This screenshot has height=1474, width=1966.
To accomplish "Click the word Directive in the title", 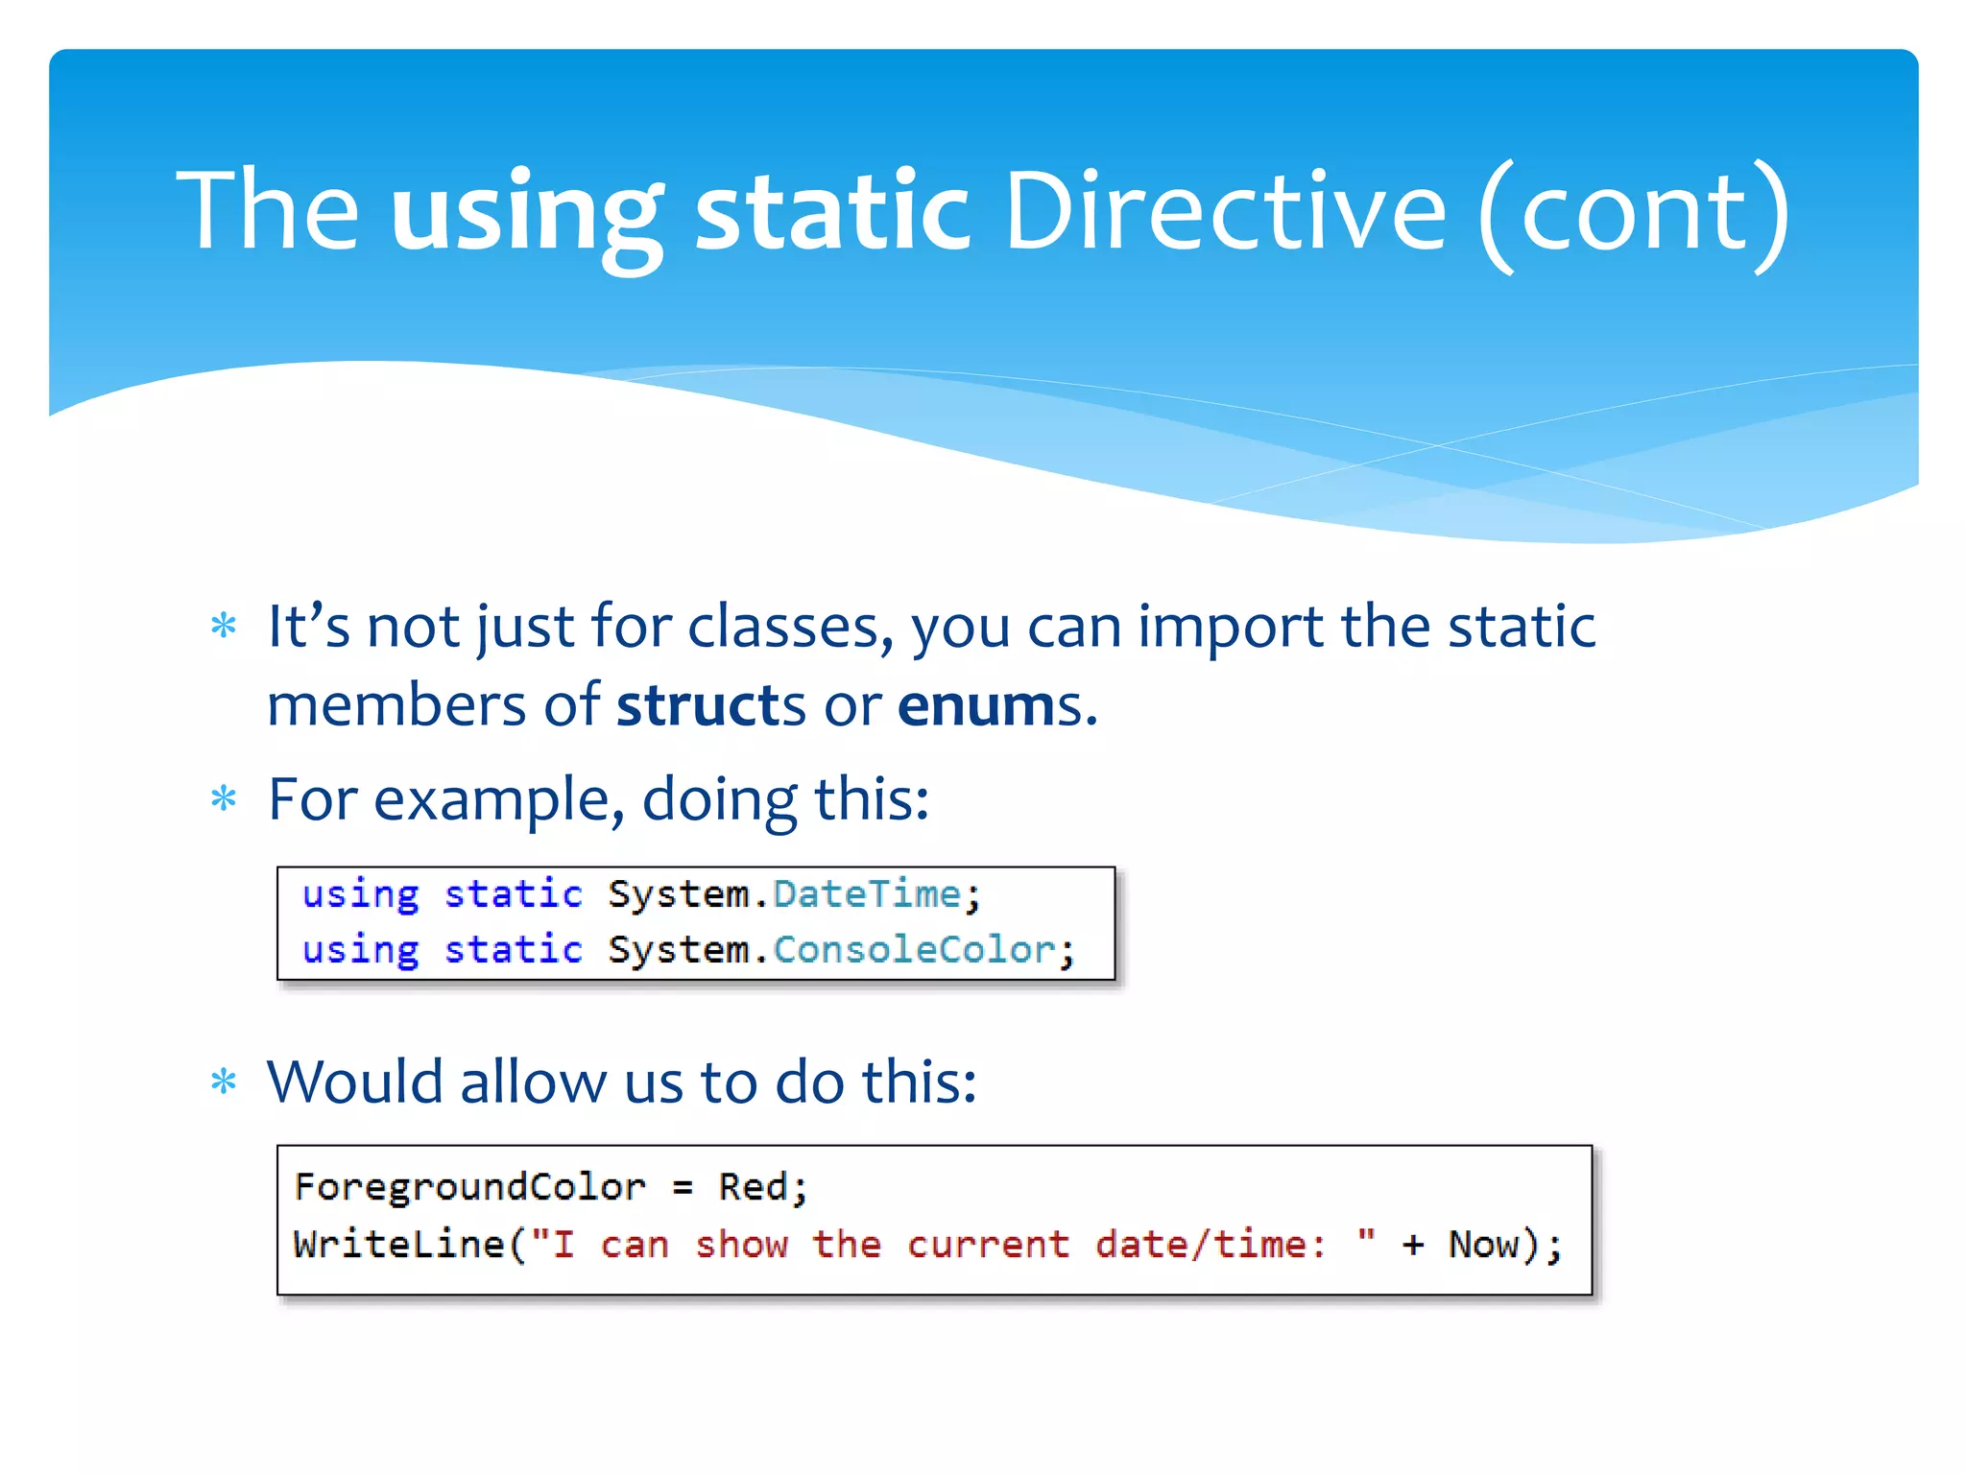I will pos(1224,211).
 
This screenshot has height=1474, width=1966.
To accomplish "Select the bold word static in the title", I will pos(831,211).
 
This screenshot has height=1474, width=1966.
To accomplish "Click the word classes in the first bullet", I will pos(790,627).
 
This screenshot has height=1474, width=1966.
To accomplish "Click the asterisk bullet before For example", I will pos(224,798).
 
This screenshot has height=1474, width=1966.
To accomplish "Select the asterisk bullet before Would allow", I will pos(224,1082).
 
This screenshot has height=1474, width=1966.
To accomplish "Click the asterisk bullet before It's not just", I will pos(224,627).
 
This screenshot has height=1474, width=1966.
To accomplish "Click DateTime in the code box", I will pos(867,894).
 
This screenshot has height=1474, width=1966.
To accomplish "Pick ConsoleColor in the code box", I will pos(914,950).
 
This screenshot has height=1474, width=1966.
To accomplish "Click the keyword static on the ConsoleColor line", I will pos(513,950).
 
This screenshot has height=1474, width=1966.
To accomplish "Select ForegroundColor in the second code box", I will pos(469,1187).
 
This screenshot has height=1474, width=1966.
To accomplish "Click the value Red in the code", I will pos(754,1187).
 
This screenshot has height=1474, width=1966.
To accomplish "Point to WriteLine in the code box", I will pos(398,1245).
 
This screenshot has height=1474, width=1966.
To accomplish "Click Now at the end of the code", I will pos(1483,1245).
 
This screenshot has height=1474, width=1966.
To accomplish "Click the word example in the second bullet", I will pos(490,799).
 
